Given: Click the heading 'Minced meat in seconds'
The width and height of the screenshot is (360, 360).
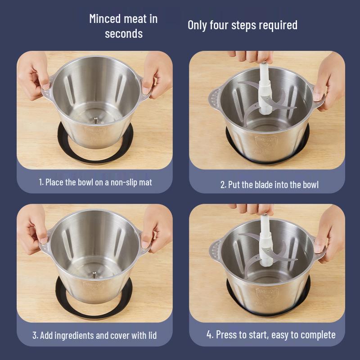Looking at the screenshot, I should click(x=123, y=26).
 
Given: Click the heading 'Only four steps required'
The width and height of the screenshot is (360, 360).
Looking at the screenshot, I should click(x=242, y=25).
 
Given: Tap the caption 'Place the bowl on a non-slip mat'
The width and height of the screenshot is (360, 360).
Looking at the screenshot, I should click(x=95, y=182).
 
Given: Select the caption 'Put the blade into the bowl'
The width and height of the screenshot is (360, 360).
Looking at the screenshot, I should click(x=269, y=184).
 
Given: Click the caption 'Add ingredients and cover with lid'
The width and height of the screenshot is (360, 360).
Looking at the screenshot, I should click(x=94, y=335).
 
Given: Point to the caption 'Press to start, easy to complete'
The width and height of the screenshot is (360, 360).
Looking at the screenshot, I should click(x=271, y=335).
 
